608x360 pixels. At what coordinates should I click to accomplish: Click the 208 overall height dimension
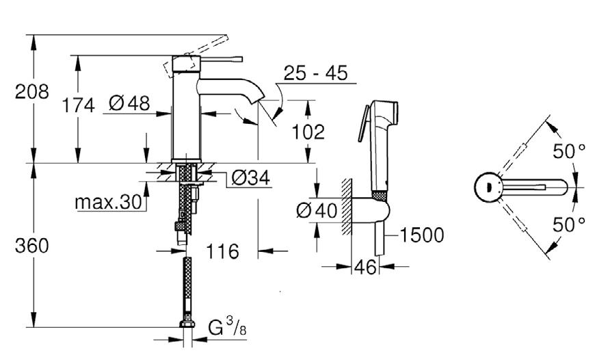point(31,92)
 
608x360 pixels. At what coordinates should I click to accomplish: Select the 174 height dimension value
point(79,105)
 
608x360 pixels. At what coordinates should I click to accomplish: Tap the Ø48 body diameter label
point(129,103)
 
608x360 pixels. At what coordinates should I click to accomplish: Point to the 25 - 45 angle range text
point(316,73)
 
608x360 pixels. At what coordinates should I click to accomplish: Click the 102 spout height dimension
point(308,132)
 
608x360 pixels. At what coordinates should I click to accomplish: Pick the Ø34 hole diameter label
point(250,178)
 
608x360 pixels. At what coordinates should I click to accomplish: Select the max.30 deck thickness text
point(109,202)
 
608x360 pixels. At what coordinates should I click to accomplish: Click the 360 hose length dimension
point(31,246)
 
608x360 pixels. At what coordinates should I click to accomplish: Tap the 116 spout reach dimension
point(222,251)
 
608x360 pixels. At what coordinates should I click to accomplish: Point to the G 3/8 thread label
point(227,327)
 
